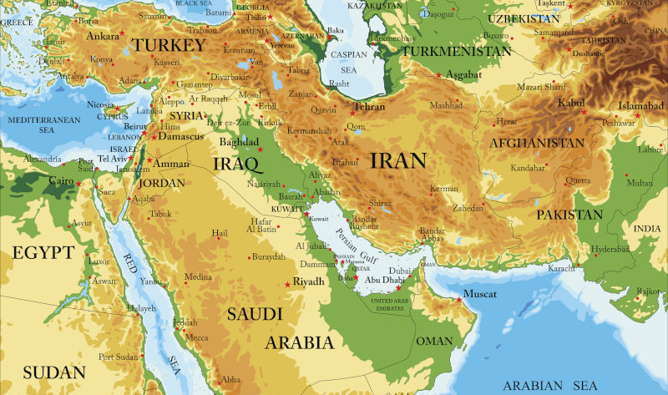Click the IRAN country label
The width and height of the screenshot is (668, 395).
click(x=398, y=160)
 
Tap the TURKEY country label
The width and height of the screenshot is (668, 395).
click(x=170, y=45)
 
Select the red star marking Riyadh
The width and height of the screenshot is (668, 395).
click(x=288, y=285)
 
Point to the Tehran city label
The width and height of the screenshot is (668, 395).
click(x=369, y=108)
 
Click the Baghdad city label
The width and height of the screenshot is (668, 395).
click(x=240, y=142)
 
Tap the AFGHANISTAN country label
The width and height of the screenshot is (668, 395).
click(x=537, y=143)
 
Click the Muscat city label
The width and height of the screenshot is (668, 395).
click(x=479, y=295)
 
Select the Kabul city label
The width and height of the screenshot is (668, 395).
click(x=570, y=103)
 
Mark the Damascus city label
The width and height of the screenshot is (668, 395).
click(x=180, y=136)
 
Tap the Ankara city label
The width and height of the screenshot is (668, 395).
click(x=104, y=36)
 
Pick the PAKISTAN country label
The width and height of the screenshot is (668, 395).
click(x=569, y=215)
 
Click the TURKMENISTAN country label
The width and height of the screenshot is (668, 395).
click(x=456, y=51)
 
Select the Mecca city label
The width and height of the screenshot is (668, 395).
click(x=196, y=337)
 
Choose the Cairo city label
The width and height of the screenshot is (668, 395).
click(x=60, y=180)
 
